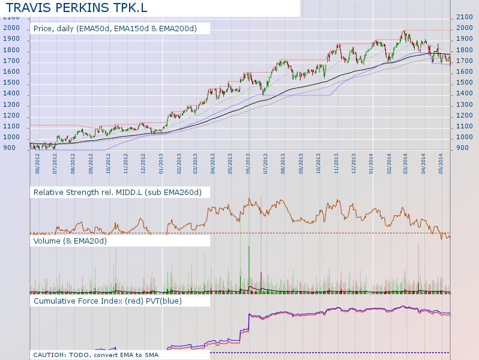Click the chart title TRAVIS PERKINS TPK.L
[x=76, y=8]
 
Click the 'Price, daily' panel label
[x=121, y=28]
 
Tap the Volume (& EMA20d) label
[x=70, y=241]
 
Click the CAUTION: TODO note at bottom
[x=95, y=355]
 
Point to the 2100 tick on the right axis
[x=465, y=17]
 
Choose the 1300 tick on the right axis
[x=465, y=104]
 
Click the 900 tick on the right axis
[x=463, y=148]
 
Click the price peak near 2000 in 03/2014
[x=403, y=32]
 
